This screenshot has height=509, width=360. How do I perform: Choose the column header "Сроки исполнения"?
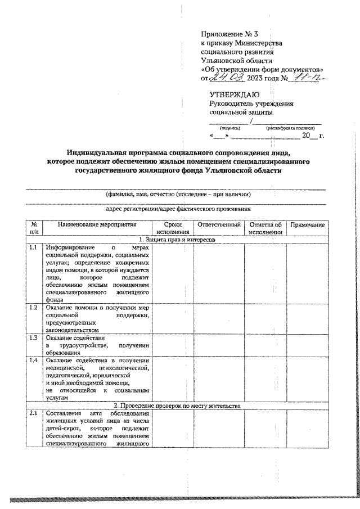click(x=173, y=228)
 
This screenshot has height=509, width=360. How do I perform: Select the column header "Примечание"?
click(x=307, y=225)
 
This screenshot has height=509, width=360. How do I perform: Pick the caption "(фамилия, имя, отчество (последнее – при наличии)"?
click(x=178, y=194)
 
